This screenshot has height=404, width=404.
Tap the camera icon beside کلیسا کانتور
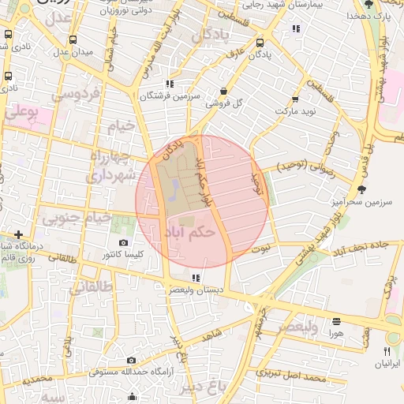(123, 243)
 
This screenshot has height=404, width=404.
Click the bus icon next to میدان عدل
(73, 40)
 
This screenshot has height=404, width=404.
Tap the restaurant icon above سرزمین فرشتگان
(169, 84)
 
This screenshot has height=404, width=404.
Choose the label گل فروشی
(223, 103)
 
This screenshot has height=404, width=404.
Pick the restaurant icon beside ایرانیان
(387, 351)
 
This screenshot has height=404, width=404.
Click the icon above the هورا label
(337, 321)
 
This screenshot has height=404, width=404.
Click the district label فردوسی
(77, 95)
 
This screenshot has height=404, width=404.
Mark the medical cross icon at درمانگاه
(18, 234)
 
